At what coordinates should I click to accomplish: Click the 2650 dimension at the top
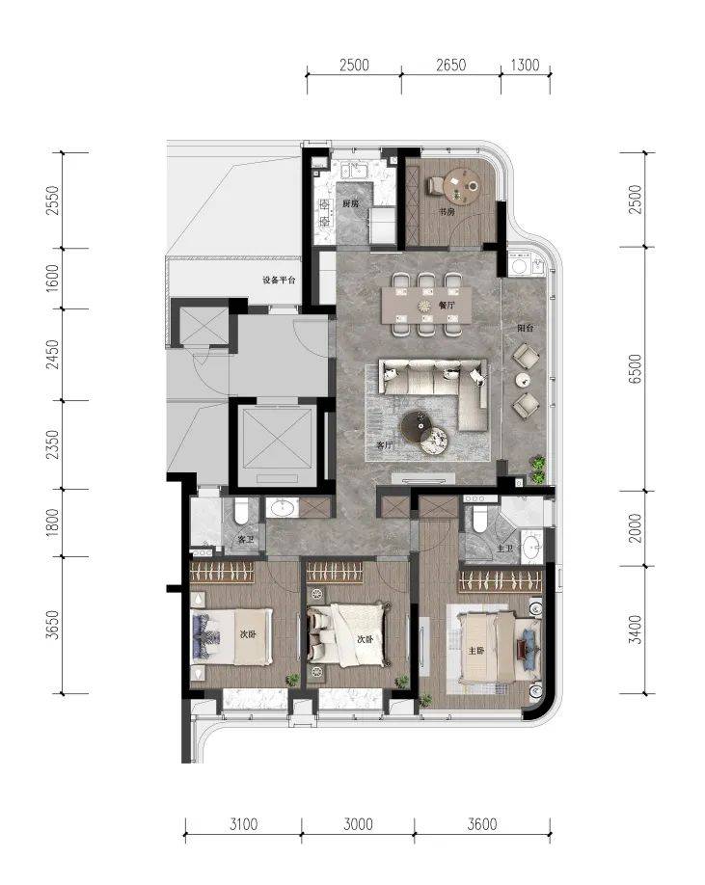click(x=450, y=65)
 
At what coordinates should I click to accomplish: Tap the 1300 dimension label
click(x=525, y=65)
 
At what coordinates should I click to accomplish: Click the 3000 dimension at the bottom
click(x=358, y=824)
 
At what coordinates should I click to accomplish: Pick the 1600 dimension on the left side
click(x=52, y=279)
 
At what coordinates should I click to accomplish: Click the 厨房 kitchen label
click(x=350, y=203)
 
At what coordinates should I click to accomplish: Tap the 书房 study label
click(x=447, y=212)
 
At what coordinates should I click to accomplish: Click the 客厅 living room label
click(x=385, y=444)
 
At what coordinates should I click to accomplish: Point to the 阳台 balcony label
click(x=526, y=328)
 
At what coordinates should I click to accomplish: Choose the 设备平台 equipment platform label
click(x=279, y=281)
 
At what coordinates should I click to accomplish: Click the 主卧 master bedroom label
click(x=475, y=650)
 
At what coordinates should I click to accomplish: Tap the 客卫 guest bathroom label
click(x=246, y=540)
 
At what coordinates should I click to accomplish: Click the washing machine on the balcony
click(x=519, y=265)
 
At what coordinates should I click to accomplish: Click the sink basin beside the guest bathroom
click(x=282, y=508)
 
